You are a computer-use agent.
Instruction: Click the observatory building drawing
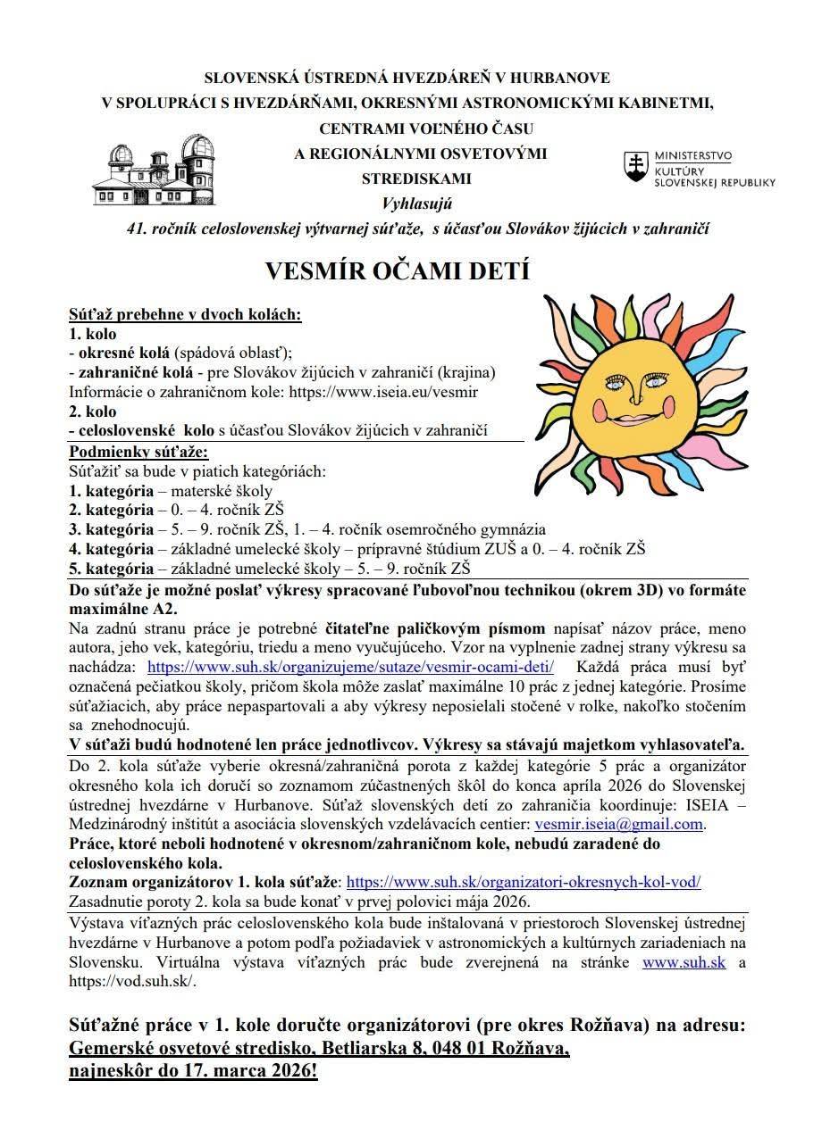pyautogui.click(x=153, y=170)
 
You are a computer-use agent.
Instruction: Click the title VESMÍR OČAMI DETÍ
pyautogui.click(x=398, y=270)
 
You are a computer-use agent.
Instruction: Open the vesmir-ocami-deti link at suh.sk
pyautogui.click(x=350, y=667)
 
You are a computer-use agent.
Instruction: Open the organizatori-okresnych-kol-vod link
pyautogui.click(x=523, y=882)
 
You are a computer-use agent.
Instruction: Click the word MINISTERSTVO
pyautogui.click(x=693, y=155)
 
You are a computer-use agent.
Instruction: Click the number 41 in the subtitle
pyautogui.click(x=137, y=229)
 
